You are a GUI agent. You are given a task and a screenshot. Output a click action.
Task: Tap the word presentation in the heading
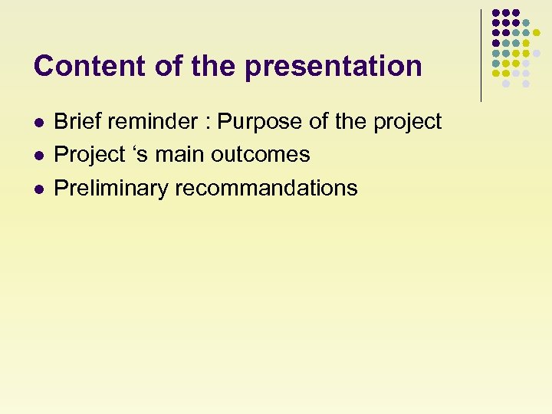click(333, 67)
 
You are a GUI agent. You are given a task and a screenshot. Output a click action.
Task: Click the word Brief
click(77, 121)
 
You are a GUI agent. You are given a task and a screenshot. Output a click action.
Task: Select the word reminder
click(157, 121)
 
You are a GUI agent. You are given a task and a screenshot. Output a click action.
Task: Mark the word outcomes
click(261, 155)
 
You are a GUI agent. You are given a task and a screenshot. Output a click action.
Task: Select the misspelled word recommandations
click(266, 189)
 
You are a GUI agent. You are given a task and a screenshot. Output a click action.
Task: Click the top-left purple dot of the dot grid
click(496, 13)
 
